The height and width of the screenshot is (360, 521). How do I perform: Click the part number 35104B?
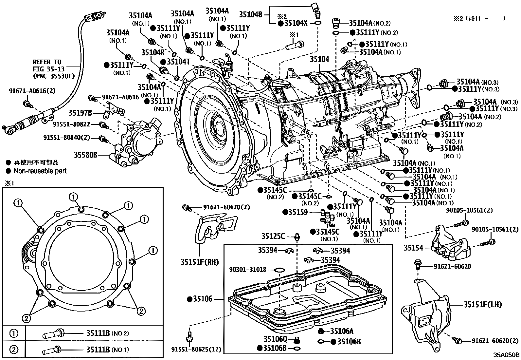pyautogui.click(x=251, y=14)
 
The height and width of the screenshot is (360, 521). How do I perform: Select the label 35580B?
pyautogui.click(x=85, y=155)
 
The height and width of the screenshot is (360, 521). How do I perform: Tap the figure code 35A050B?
pyautogui.click(x=507, y=354)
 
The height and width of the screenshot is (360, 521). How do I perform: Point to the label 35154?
pyautogui.click(x=413, y=248)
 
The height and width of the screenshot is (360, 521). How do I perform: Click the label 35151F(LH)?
pyautogui.click(x=482, y=305)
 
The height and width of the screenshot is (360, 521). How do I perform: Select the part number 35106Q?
pyautogui.click(x=275, y=338)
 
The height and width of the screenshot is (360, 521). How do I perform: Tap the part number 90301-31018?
pyautogui.click(x=248, y=270)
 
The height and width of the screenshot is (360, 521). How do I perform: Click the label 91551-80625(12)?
pyautogui.click(x=196, y=350)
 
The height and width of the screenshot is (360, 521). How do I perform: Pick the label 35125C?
pyautogui.click(x=273, y=236)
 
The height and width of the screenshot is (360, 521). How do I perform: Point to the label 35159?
pyautogui.click(x=298, y=212)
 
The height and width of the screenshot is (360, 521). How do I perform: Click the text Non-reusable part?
pyautogui.click(x=40, y=171)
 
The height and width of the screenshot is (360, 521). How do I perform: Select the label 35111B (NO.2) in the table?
pyautogui.click(x=108, y=333)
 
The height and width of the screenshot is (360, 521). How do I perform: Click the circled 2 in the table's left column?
pyautogui.click(x=14, y=350)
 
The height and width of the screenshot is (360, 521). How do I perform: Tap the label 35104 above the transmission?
pyautogui.click(x=319, y=59)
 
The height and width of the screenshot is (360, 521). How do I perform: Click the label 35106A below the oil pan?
pyautogui.click(x=342, y=331)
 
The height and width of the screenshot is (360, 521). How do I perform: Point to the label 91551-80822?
pyautogui.click(x=71, y=124)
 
